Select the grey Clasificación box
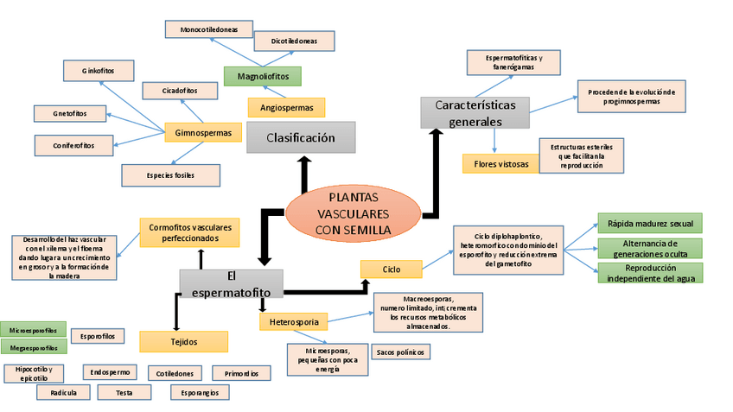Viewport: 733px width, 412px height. (x=301, y=137)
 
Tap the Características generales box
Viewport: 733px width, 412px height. (x=475, y=112)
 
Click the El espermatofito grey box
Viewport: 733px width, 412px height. (x=231, y=284)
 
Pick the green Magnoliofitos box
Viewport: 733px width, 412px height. (x=262, y=76)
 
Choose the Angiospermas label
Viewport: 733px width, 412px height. (x=286, y=108)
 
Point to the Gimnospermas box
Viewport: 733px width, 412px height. (x=202, y=133)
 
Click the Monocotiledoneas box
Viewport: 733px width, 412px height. (x=210, y=30)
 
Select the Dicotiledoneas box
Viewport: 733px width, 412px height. (x=294, y=41)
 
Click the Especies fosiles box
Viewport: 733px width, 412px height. (x=170, y=175)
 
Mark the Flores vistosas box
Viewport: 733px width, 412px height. (x=500, y=163)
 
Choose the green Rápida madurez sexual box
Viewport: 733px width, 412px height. (x=650, y=223)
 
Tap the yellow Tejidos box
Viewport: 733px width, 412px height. (x=184, y=342)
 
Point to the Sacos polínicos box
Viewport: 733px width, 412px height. (x=399, y=352)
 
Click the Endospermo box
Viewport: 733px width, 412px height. (x=111, y=372)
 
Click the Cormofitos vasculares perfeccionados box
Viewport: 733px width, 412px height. (x=189, y=232)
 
